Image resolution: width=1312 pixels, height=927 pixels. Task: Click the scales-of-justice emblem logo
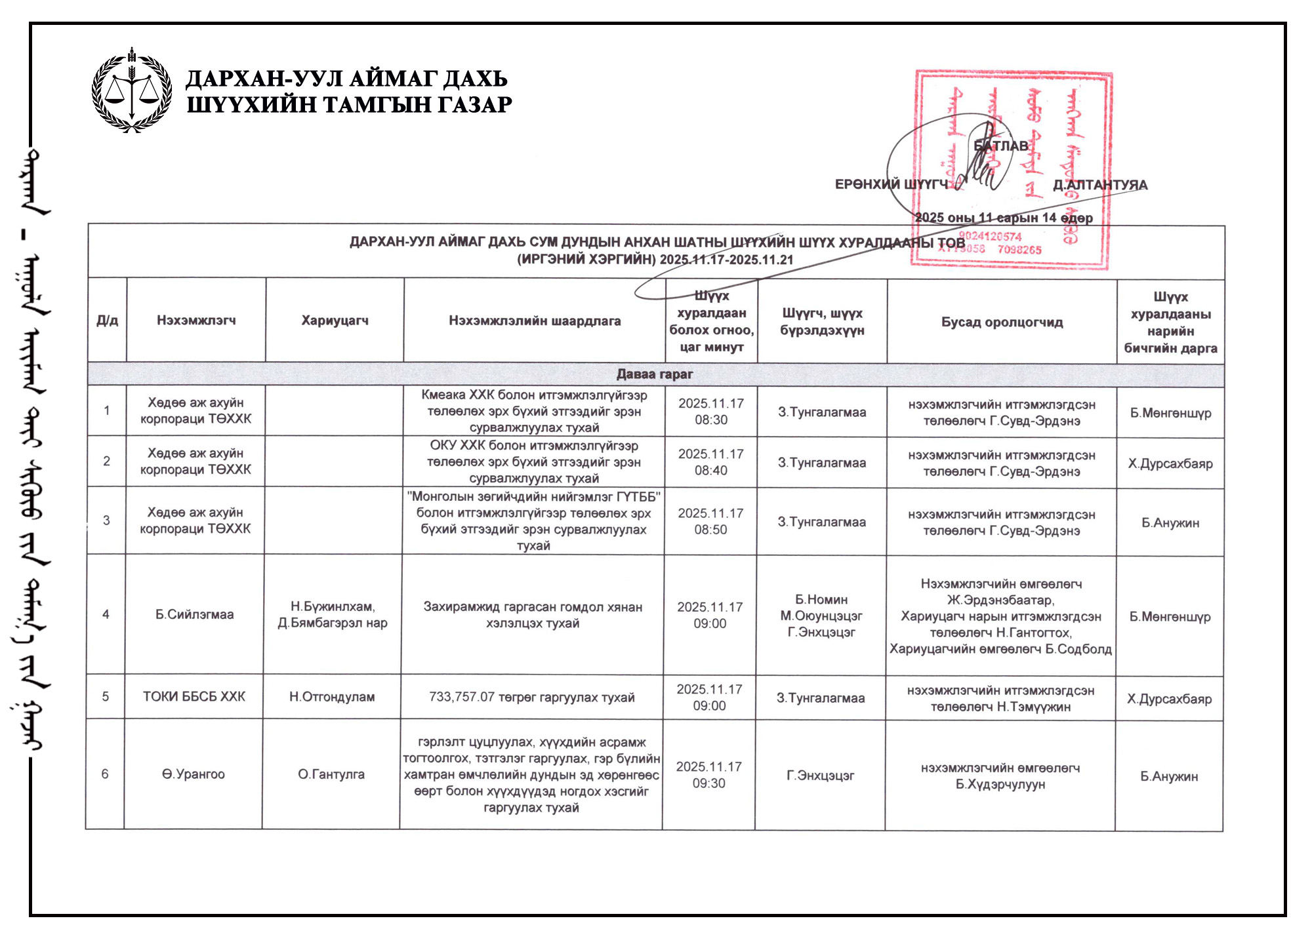pyautogui.click(x=132, y=90)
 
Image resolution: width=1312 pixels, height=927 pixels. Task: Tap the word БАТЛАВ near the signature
pyautogui.click(x=1001, y=146)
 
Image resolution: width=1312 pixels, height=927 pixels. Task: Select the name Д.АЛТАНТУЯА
pyautogui.click(x=1100, y=185)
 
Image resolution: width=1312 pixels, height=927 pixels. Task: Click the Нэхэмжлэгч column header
pyautogui.click(x=196, y=320)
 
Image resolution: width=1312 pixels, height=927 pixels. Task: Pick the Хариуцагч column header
pyautogui.click(x=335, y=320)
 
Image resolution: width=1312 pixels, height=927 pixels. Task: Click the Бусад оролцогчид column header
pyautogui.click(x=1002, y=322)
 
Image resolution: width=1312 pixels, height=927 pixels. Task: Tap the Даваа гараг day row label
pyautogui.click(x=655, y=374)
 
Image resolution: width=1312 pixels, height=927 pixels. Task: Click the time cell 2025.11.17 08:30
pyautogui.click(x=711, y=411)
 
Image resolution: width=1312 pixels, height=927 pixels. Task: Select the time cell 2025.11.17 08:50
pyautogui.click(x=710, y=521)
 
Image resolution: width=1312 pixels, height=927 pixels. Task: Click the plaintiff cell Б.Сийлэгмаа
pyautogui.click(x=194, y=614)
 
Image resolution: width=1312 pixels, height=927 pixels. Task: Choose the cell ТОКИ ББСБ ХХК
pyautogui.click(x=194, y=696)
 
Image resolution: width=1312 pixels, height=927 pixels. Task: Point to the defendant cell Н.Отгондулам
pyautogui.click(x=332, y=697)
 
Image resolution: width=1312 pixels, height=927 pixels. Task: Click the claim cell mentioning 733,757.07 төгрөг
pyautogui.click(x=532, y=697)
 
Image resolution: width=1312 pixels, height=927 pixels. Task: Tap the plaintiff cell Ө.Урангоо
pyautogui.click(x=194, y=774)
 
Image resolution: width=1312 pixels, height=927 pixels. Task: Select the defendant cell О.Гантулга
pyautogui.click(x=331, y=774)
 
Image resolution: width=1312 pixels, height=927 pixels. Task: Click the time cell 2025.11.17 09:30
pyautogui.click(x=709, y=775)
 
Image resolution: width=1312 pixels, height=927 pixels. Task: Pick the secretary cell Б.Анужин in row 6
pyautogui.click(x=1169, y=776)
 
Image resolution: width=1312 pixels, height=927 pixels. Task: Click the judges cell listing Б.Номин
pyautogui.click(x=821, y=616)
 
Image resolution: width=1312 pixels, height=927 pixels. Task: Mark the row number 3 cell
pyautogui.click(x=106, y=520)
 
